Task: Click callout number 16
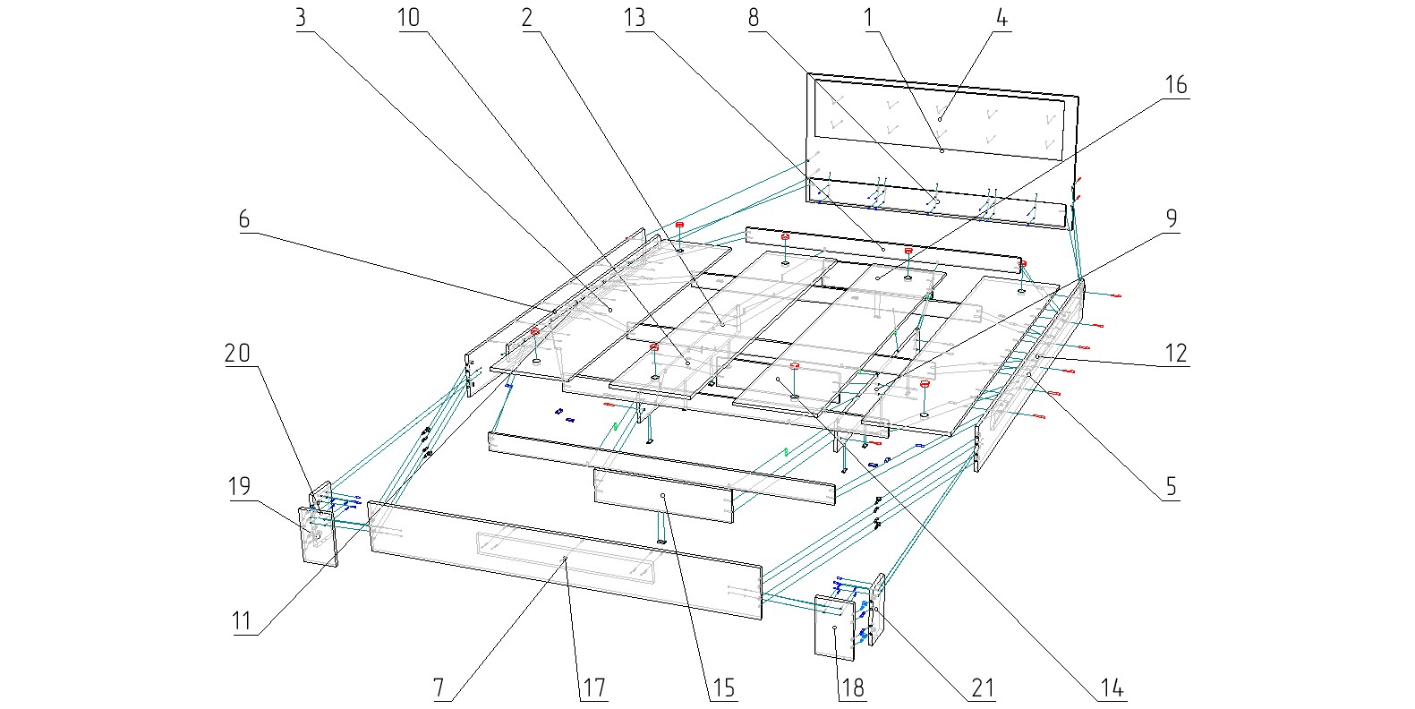click(1175, 84)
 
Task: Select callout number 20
click(237, 354)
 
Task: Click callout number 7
click(439, 688)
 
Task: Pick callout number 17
click(593, 688)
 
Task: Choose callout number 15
click(722, 688)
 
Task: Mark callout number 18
click(852, 688)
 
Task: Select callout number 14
click(1112, 688)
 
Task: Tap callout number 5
click(1171, 487)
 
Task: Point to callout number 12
click(1175, 353)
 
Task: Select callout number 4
click(1002, 18)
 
